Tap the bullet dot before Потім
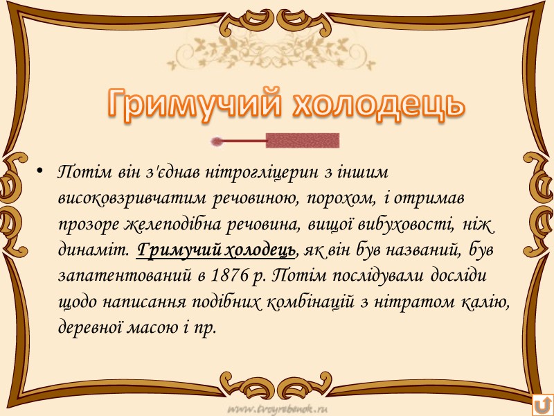(x=39, y=171)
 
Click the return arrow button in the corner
(x=542, y=404)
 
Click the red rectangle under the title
(x=303, y=141)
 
